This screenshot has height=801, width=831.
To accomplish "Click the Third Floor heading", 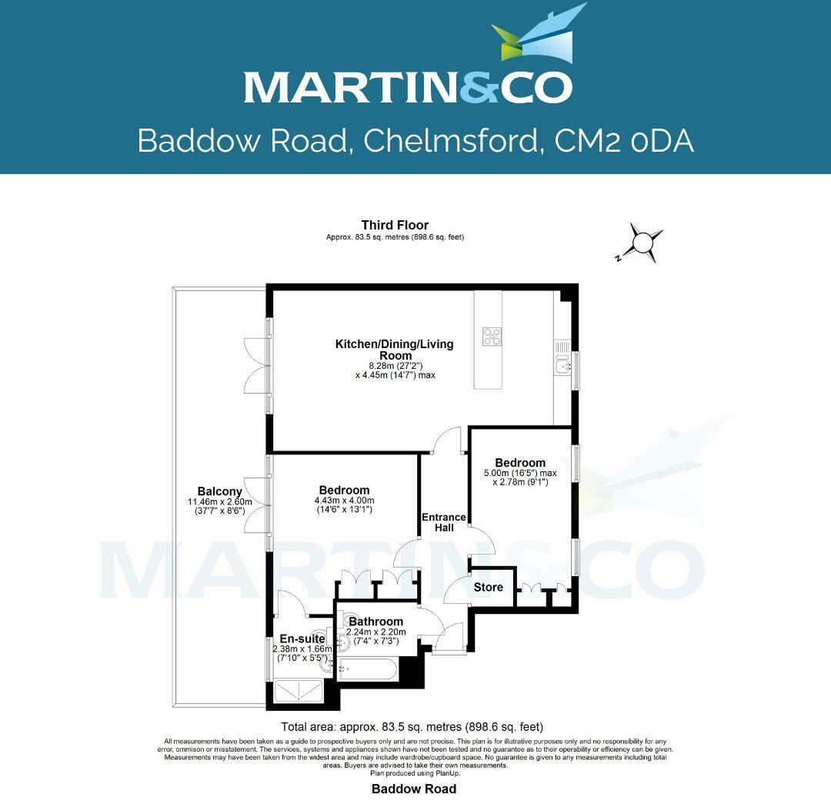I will tap(395, 225).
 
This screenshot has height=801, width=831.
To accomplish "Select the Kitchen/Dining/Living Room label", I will tap(394, 350).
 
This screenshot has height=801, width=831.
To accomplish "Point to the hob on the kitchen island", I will tap(492, 337).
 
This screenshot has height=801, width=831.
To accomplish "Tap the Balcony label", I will tap(219, 491).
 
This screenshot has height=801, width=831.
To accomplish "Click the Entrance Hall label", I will tap(443, 522).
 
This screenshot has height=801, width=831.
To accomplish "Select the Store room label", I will tap(489, 588).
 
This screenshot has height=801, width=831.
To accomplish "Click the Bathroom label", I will tap(375, 622).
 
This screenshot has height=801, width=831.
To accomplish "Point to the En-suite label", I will tap(302, 638).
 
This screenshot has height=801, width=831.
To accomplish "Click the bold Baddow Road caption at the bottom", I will tap(414, 789).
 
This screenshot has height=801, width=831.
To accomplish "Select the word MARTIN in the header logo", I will tap(342, 87).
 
